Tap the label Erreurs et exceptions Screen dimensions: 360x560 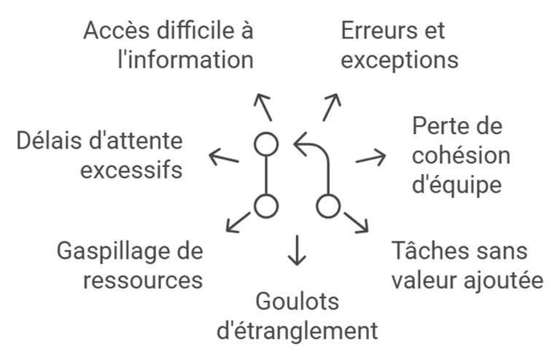point(400,45)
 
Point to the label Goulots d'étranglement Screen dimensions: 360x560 point(297,316)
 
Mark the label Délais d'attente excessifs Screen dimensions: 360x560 point(101,154)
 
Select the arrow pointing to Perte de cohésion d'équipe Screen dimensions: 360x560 point(370,157)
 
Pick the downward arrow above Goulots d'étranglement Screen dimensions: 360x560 point(296,250)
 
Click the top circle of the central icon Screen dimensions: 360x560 point(266,144)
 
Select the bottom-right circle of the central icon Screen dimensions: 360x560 point(327,206)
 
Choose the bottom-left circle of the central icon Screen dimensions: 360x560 point(266,206)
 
